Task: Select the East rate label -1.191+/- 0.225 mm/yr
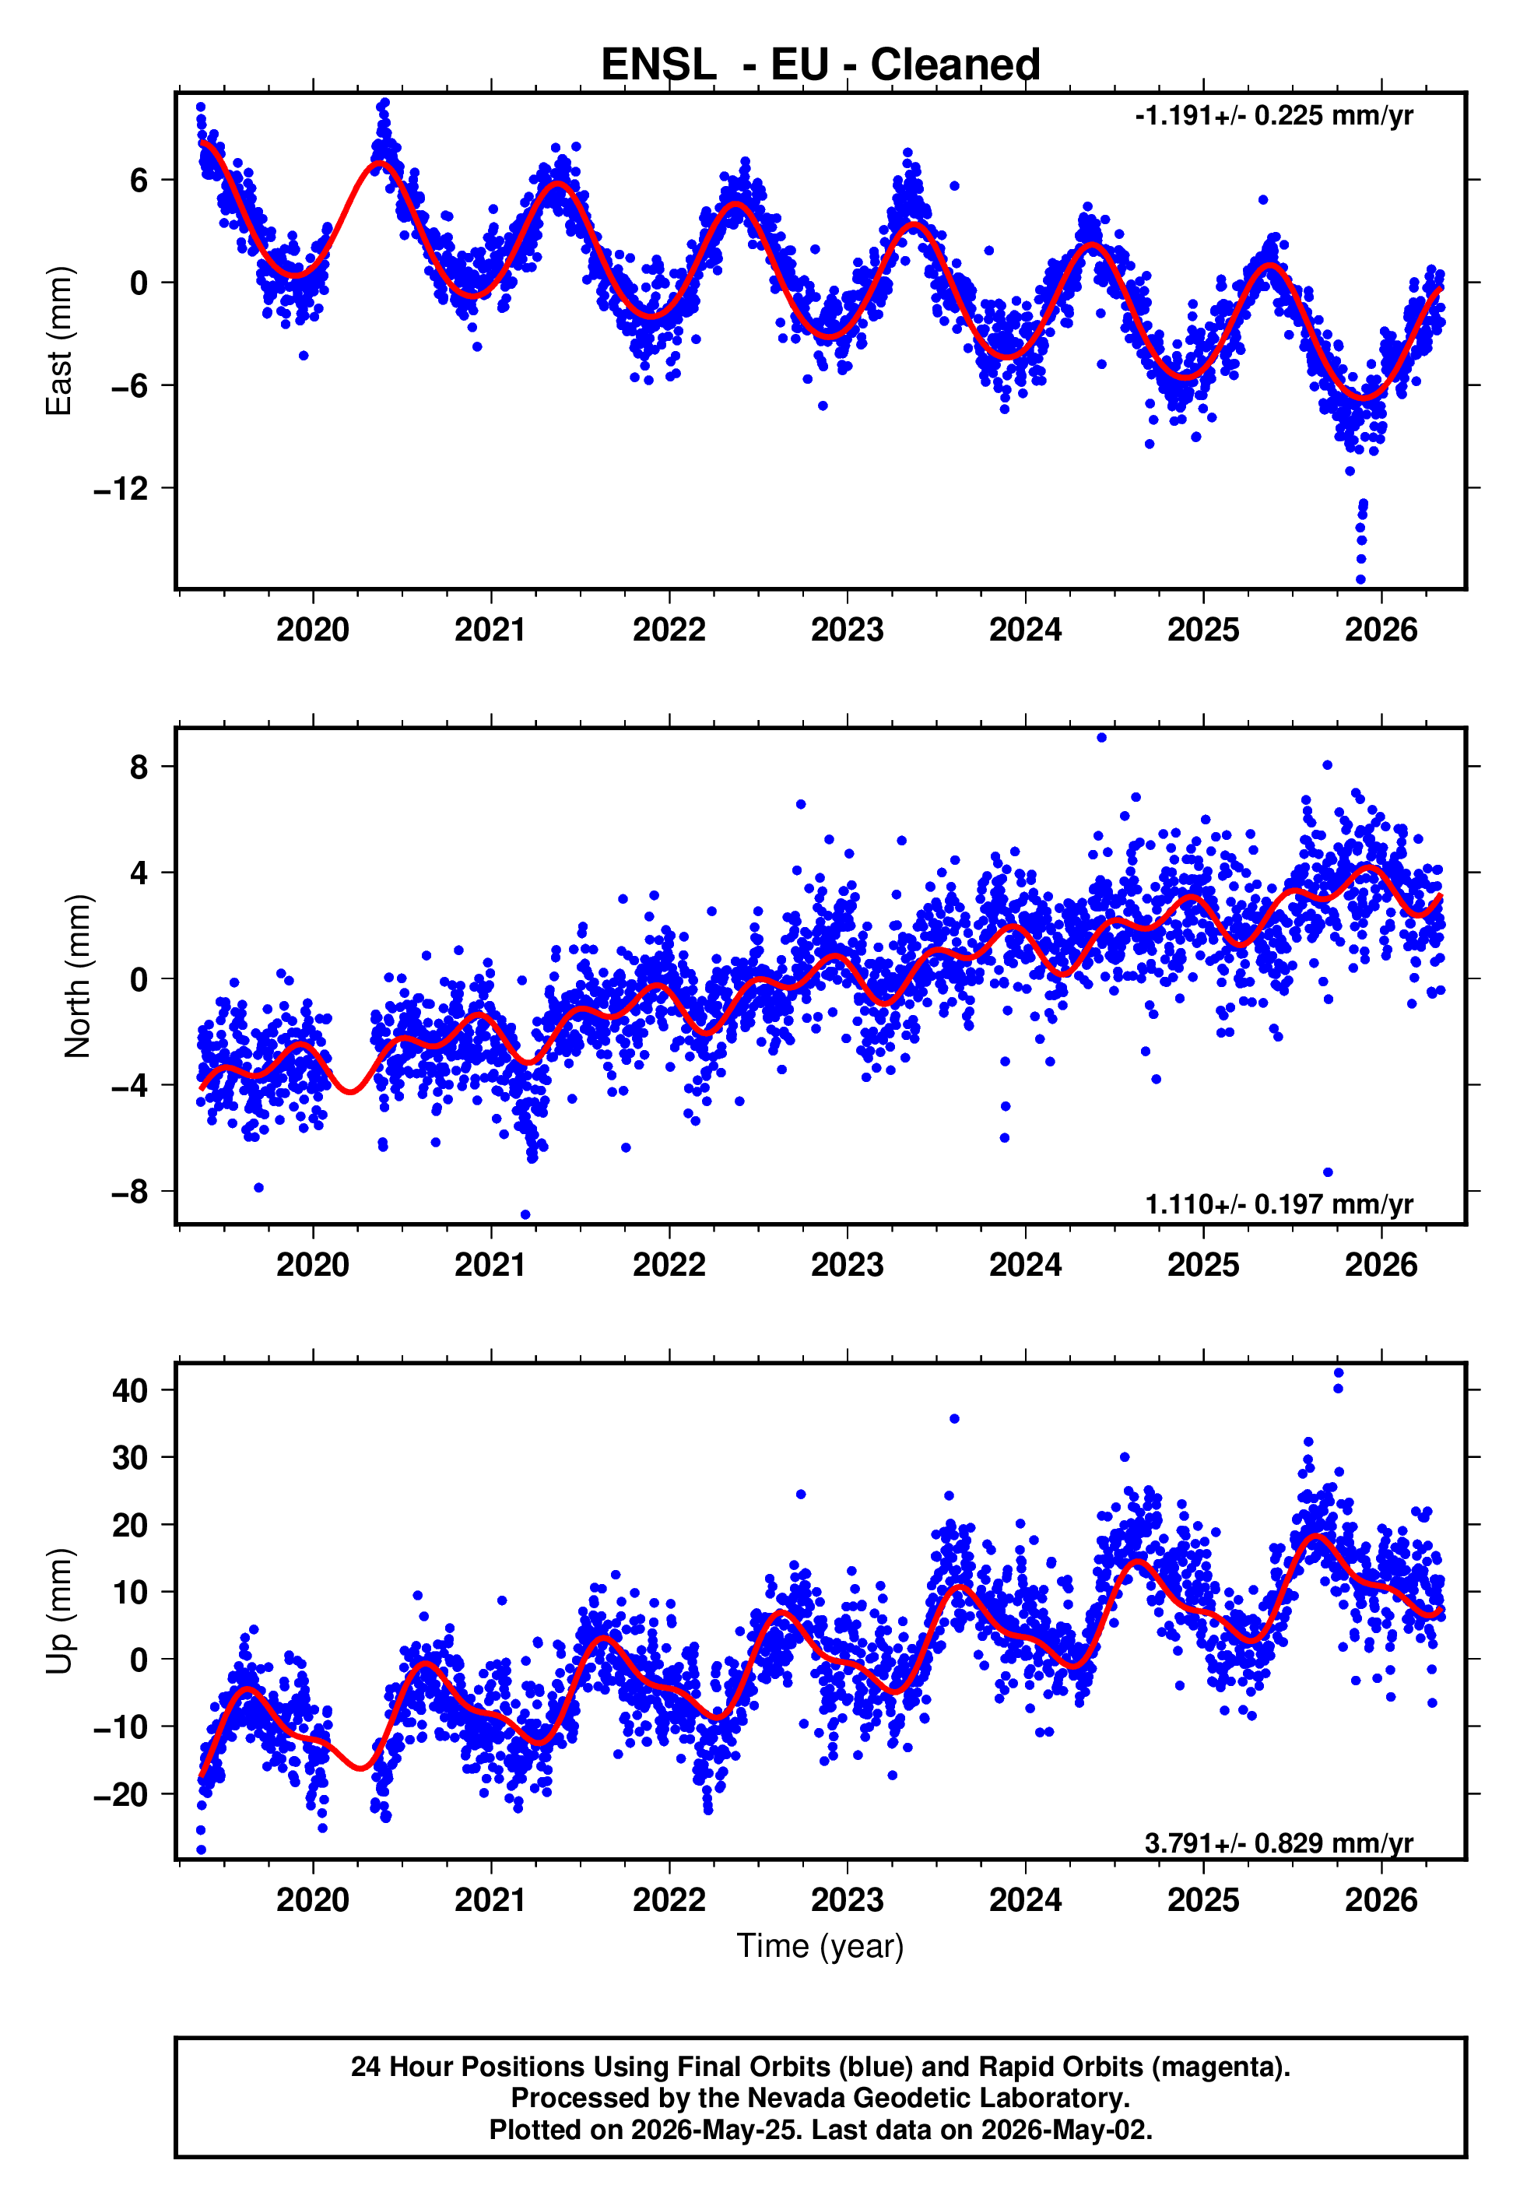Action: tap(1273, 116)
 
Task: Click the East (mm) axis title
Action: tap(59, 341)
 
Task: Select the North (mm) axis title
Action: tap(78, 976)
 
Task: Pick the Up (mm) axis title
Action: tap(59, 1611)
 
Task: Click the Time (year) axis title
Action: tap(820, 1946)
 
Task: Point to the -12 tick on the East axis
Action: tap(121, 489)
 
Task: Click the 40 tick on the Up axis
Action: tap(131, 1390)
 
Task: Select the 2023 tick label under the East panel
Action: tap(847, 630)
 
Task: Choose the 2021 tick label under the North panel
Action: tap(490, 1265)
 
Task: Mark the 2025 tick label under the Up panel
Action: tap(1202, 1900)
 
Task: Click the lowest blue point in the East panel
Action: tap(1360, 580)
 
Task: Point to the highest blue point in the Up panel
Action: tap(1339, 1374)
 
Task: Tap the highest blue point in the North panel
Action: tap(1102, 738)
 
